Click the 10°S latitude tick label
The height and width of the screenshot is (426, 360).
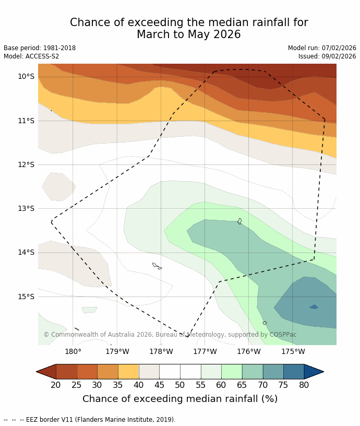(x=26, y=76)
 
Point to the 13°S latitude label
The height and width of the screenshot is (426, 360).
(x=26, y=208)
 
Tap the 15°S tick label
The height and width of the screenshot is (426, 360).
(x=26, y=297)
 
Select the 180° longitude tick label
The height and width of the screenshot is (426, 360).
(x=73, y=351)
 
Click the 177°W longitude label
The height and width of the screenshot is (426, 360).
(x=205, y=351)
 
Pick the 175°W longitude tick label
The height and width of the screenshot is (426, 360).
(x=293, y=351)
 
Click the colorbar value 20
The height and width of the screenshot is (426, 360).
(x=56, y=385)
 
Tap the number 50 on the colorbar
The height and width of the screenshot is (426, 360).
(x=180, y=385)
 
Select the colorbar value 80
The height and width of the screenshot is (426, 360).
(x=304, y=385)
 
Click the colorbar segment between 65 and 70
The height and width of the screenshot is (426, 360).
(x=253, y=372)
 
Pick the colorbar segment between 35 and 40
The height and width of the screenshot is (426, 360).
(x=128, y=372)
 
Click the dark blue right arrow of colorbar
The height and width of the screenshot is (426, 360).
(x=314, y=372)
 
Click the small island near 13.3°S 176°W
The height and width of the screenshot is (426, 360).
(x=239, y=221)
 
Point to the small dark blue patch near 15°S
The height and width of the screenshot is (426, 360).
(x=314, y=307)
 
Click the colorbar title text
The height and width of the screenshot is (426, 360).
(x=180, y=399)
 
